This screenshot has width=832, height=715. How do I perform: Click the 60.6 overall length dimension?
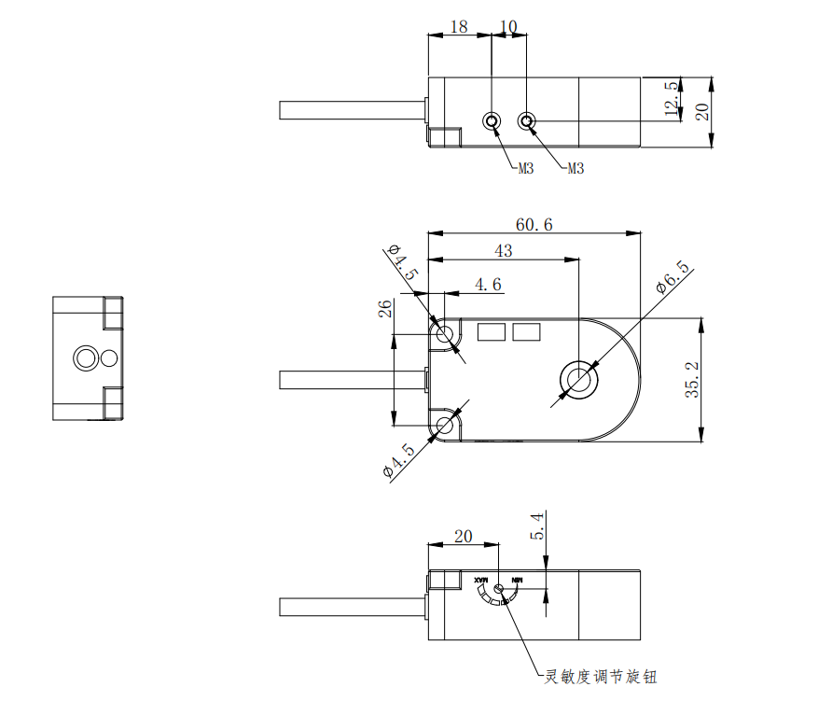point(534,225)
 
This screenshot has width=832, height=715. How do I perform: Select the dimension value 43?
point(504,251)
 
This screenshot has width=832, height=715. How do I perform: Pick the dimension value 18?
point(459,27)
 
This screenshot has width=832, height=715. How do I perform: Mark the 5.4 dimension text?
point(536,527)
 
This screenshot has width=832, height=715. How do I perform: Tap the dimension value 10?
point(508,27)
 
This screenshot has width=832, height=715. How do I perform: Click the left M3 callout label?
point(525,169)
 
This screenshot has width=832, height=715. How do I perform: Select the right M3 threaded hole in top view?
point(527,121)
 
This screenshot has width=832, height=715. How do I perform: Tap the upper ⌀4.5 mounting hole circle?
point(445,333)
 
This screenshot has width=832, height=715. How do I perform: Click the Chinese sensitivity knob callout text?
point(601,677)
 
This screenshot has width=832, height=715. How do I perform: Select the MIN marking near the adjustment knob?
point(516,581)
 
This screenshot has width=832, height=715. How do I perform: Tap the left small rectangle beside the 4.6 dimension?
point(492,331)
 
